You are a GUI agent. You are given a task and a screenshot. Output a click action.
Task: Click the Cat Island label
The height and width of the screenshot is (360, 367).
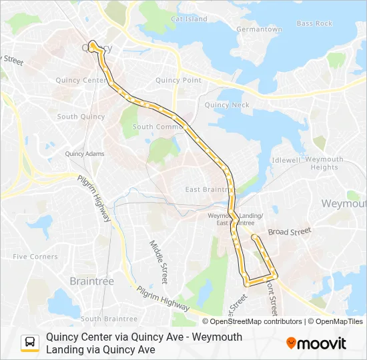(x=190, y=19)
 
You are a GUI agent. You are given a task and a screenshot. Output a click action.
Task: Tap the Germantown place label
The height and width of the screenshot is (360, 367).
(x=260, y=29)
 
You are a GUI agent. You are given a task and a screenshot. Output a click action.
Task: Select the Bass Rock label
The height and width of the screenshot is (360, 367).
(x=314, y=23)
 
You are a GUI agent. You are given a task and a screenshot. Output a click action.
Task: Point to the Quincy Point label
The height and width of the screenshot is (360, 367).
(x=178, y=80)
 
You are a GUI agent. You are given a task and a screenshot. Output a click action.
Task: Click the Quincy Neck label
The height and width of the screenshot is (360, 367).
(x=227, y=105)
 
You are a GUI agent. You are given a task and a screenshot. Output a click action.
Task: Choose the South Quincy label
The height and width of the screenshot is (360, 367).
(x=81, y=117)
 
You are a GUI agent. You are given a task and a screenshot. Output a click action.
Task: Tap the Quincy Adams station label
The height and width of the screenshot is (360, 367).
(x=85, y=154)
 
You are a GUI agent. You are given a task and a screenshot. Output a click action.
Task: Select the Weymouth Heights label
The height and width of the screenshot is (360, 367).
(x=324, y=163)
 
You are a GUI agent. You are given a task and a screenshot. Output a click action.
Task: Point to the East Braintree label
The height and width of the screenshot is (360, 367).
(x=210, y=189)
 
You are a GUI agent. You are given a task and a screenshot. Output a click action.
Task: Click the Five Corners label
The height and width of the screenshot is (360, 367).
(x=35, y=256)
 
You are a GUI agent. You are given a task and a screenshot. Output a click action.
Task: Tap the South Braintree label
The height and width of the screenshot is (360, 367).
(x=109, y=319)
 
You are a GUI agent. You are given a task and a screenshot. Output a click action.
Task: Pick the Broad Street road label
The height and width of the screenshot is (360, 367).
(x=290, y=232)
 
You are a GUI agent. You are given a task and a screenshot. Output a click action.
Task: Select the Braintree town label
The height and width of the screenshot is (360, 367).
(x=92, y=281)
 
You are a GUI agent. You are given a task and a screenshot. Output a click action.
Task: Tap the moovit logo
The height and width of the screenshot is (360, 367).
(x=316, y=343)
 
